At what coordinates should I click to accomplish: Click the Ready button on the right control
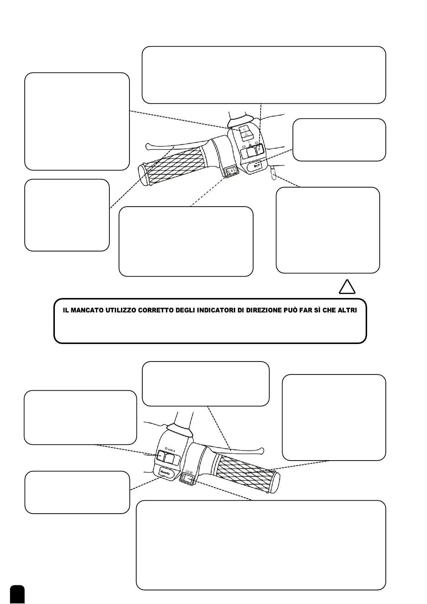click(x=165, y=473)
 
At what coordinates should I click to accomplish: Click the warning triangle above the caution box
click(x=347, y=287)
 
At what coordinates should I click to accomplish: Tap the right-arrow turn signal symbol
click(x=257, y=143)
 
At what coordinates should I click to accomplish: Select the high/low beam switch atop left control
click(x=245, y=132)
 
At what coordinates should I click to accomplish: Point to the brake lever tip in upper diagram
click(x=148, y=146)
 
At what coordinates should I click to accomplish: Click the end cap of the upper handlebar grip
click(x=143, y=175)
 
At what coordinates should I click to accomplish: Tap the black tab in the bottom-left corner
click(x=17, y=594)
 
